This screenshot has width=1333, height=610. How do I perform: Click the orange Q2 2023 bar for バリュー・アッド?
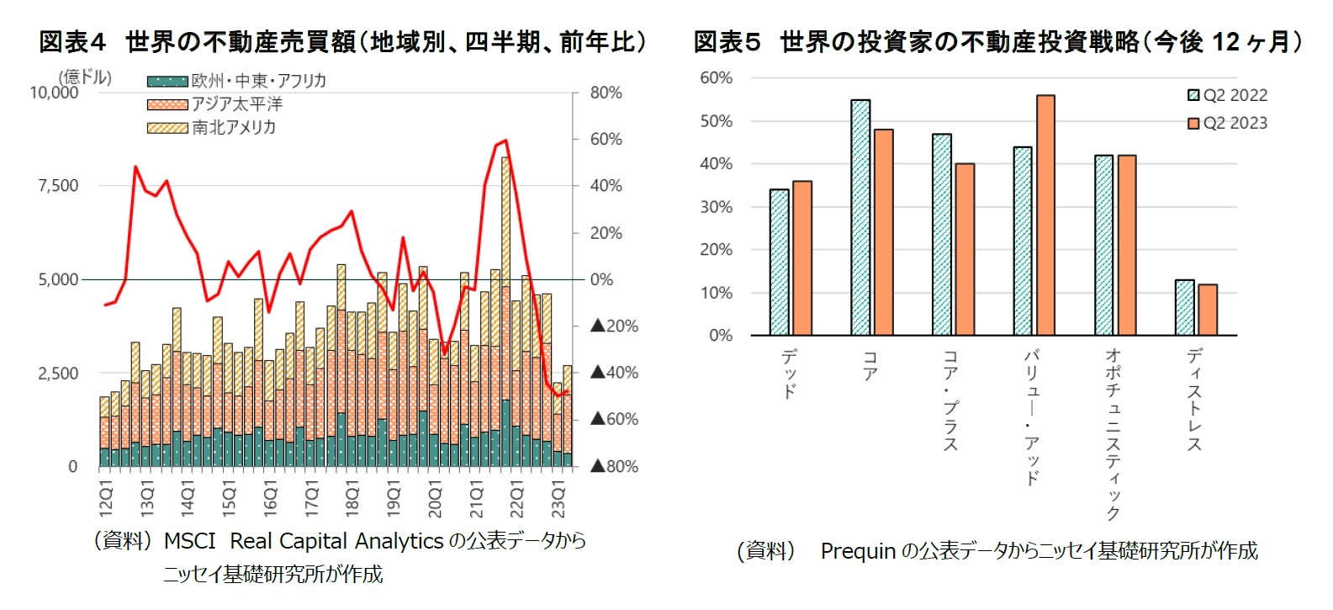(x=1045, y=215)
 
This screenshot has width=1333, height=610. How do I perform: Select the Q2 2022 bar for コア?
(x=860, y=217)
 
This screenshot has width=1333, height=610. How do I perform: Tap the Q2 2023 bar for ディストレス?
(x=1208, y=310)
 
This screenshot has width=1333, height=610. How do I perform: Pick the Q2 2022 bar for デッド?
(x=780, y=263)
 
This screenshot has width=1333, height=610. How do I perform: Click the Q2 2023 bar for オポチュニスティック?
(x=1126, y=245)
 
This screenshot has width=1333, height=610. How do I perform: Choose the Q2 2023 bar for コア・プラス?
(x=965, y=249)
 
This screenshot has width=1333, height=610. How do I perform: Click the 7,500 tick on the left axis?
(x=58, y=186)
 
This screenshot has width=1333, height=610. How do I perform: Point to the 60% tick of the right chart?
(x=716, y=78)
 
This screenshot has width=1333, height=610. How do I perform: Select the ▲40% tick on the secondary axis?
(x=614, y=373)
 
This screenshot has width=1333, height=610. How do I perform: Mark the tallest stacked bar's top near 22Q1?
(x=505, y=158)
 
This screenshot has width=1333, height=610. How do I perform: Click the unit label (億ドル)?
(x=84, y=77)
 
